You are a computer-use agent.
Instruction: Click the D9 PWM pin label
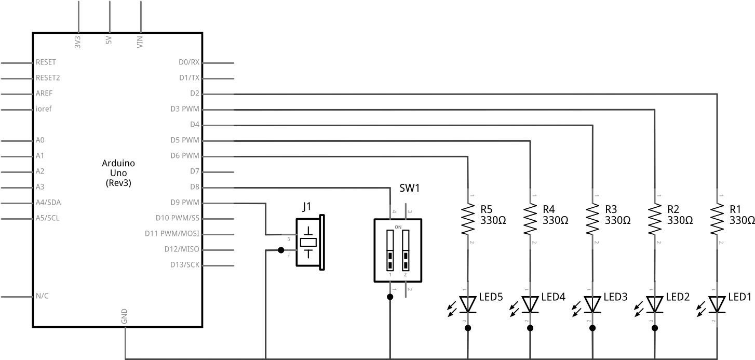click(184, 203)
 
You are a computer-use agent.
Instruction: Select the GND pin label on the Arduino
click(124, 316)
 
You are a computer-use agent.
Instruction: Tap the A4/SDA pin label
click(48, 203)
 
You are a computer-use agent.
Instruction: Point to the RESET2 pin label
click(48, 78)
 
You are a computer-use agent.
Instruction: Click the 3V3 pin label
click(78, 42)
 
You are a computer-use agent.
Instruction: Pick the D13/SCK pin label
click(184, 265)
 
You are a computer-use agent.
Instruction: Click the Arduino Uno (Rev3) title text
click(118, 173)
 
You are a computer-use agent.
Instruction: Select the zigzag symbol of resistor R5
click(468, 219)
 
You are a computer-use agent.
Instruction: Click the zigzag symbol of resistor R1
click(717, 219)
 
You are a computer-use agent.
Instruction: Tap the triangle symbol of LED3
click(592, 304)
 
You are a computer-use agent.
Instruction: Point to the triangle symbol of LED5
click(468, 304)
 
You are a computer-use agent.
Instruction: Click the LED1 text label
click(740, 297)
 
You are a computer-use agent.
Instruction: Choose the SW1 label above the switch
click(409, 188)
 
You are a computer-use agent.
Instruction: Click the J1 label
click(307, 207)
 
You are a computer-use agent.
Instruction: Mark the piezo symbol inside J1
click(309, 242)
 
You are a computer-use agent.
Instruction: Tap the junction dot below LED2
click(655, 328)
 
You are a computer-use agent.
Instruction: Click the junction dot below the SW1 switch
click(389, 297)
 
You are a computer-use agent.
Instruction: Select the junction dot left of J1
click(281, 250)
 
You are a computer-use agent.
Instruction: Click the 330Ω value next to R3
click(617, 220)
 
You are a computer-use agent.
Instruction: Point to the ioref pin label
click(44, 109)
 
